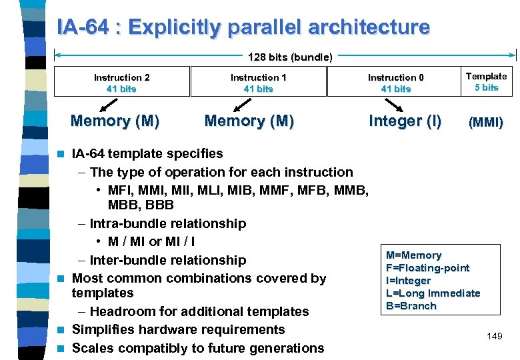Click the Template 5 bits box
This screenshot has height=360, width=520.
pyautogui.click(x=486, y=81)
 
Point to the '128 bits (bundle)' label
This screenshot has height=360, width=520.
pyautogui.click(x=290, y=57)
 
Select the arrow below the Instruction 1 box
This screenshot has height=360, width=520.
pyautogui.click(x=241, y=104)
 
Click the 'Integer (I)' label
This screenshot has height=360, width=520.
pyautogui.click(x=405, y=121)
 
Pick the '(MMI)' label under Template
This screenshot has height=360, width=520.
pyautogui.click(x=486, y=123)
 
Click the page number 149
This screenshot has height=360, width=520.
pyautogui.click(x=494, y=337)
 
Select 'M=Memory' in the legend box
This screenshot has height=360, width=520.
pyautogui.click(x=413, y=255)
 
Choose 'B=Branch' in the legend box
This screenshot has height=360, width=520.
pyautogui.click(x=411, y=306)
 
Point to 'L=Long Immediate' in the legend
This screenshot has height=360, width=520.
pyautogui.click(x=433, y=293)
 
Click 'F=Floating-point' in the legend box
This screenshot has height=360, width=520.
pyautogui.click(x=427, y=268)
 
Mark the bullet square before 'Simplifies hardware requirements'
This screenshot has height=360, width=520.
pyautogui.click(x=62, y=330)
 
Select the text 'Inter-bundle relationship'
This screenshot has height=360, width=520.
pyautogui.click(x=167, y=260)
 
